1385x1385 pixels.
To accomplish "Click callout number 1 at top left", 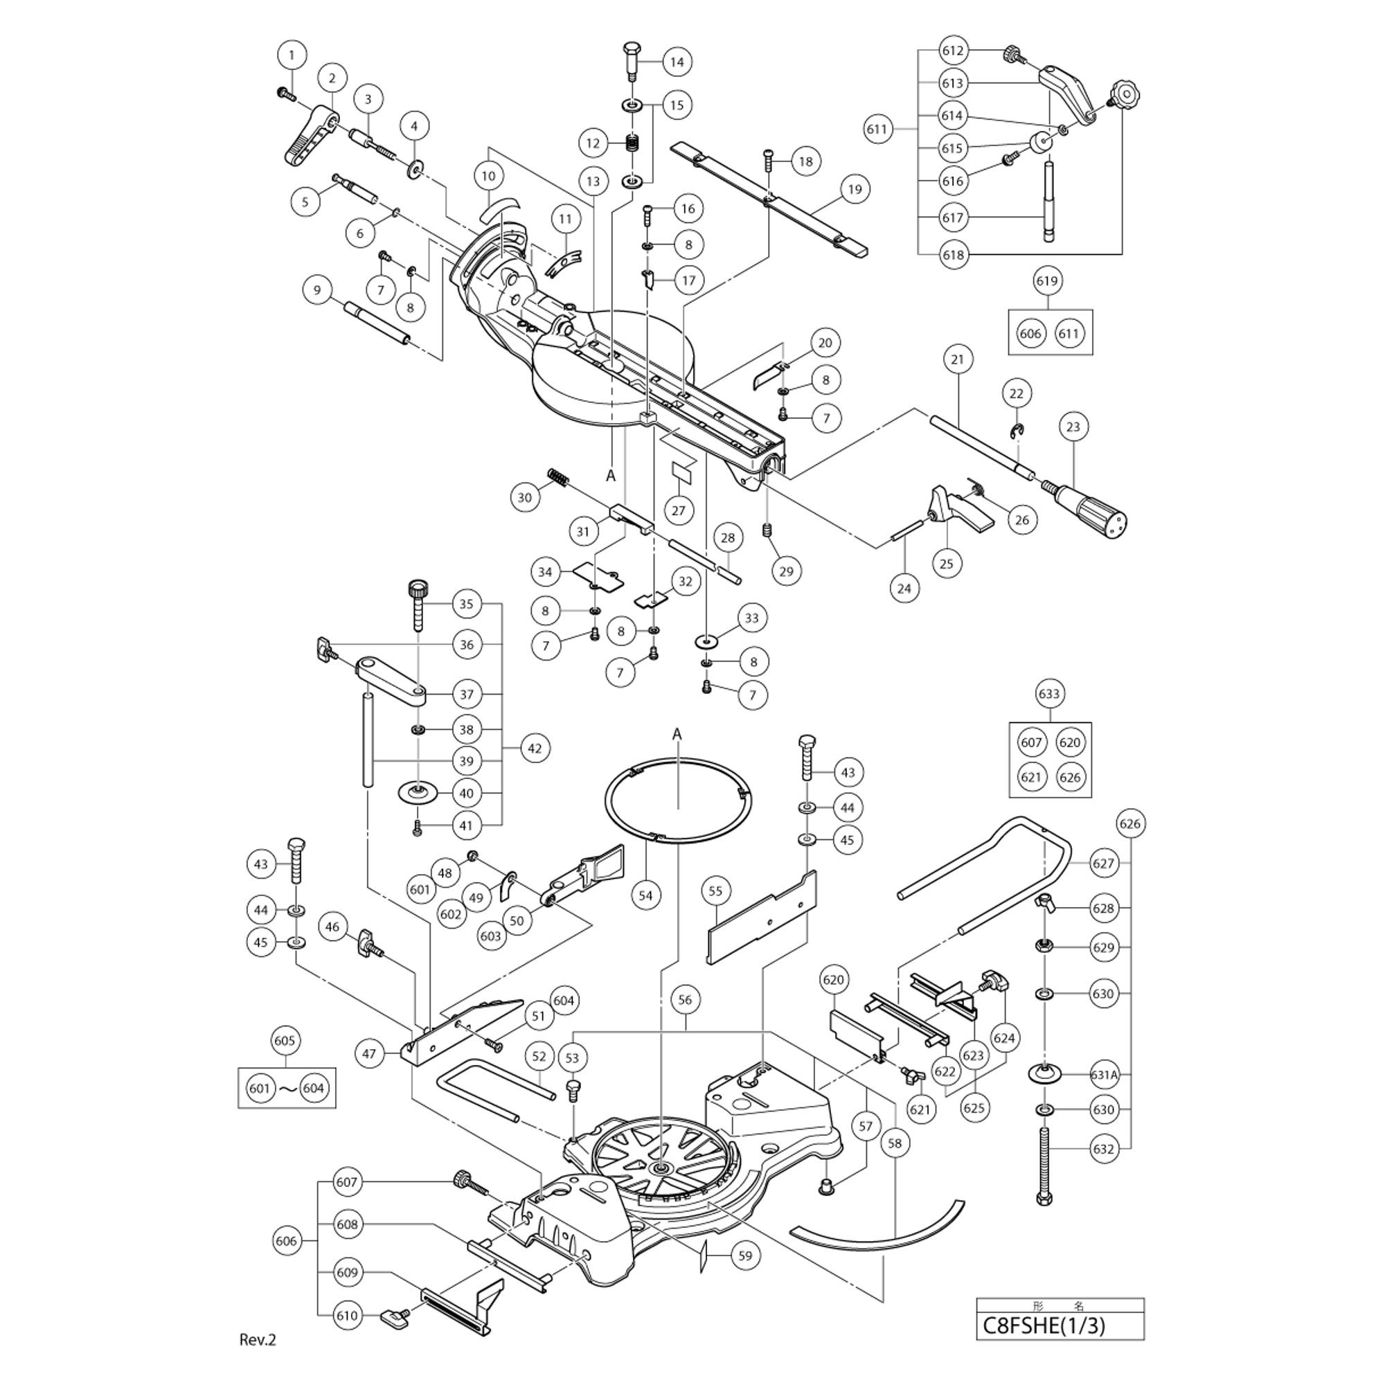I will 291,55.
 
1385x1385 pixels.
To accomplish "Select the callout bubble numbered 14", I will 677,62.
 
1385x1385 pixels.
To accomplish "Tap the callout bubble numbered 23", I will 1073,427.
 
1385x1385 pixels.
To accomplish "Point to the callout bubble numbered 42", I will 535,749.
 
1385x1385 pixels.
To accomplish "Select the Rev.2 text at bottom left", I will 258,1340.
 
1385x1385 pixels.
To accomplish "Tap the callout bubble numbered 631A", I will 1104,1075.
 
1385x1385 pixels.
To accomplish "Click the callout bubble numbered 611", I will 877,129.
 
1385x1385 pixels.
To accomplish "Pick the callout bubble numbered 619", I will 1047,280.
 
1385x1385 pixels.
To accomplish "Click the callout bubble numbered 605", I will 285,1040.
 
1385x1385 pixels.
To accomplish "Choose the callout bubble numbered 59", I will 746,1256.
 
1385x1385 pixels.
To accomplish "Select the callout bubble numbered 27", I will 678,510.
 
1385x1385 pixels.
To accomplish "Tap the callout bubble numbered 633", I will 1050,693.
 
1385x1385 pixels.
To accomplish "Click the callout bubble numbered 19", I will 855,189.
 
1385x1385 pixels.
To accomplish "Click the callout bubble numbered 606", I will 285,1241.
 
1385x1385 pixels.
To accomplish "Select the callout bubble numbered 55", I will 715,891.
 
